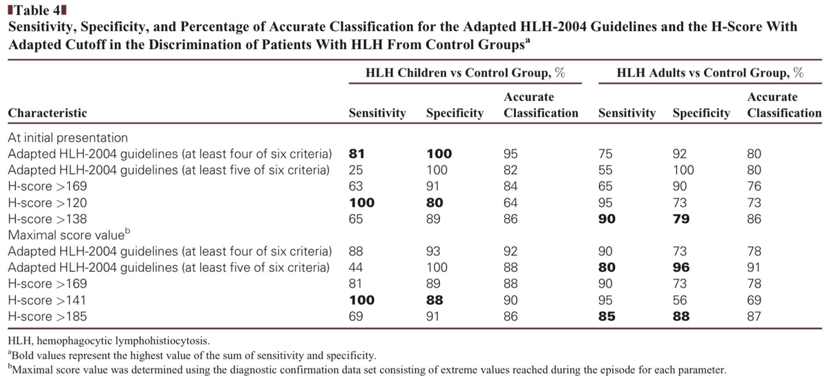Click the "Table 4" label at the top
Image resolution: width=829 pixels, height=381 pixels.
click(35, 11)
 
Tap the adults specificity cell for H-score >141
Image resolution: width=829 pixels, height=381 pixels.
click(700, 300)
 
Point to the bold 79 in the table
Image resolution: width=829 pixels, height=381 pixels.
click(700, 219)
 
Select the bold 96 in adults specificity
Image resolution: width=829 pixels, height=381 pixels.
click(700, 267)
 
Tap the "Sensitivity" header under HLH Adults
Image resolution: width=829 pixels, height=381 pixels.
click(627, 113)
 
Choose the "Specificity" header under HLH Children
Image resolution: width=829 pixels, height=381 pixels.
click(455, 113)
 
